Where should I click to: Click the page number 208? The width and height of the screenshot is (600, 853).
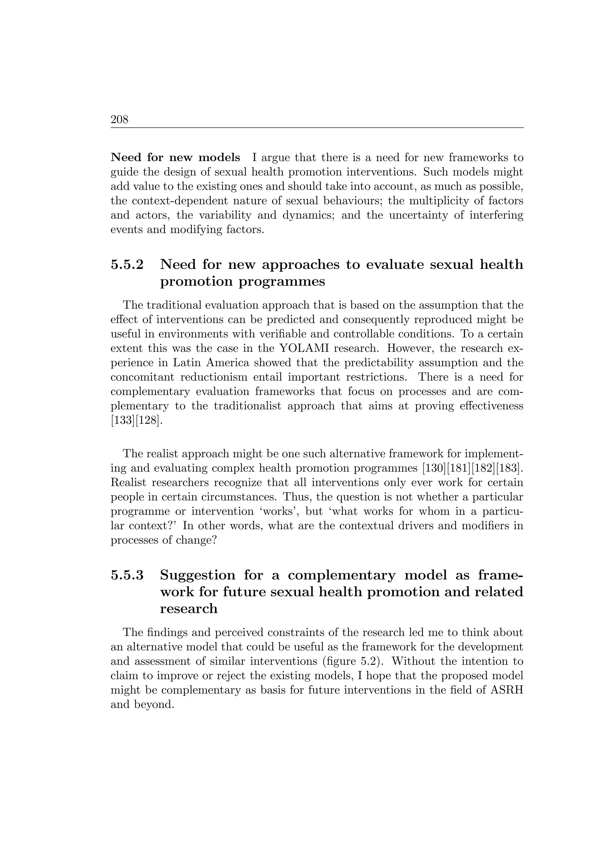(x=119, y=120)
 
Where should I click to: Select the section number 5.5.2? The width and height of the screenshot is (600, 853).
(x=127, y=264)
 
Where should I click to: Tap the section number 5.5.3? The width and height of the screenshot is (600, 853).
(x=127, y=575)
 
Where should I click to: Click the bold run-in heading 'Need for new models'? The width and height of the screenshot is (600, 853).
(x=175, y=157)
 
